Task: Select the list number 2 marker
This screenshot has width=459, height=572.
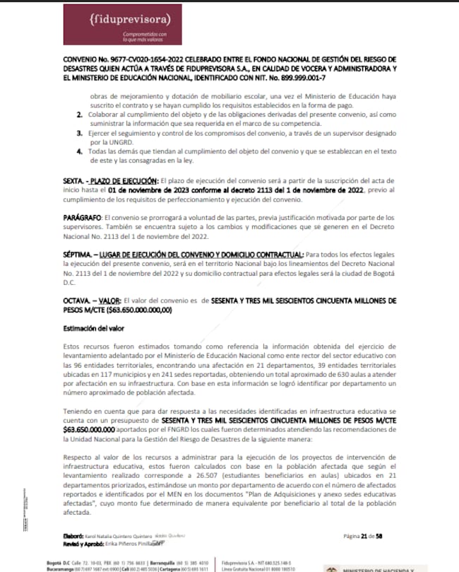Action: click(x=78, y=115)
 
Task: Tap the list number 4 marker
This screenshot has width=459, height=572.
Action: click(x=78, y=152)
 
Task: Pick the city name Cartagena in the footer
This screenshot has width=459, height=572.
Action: click(x=187, y=568)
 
